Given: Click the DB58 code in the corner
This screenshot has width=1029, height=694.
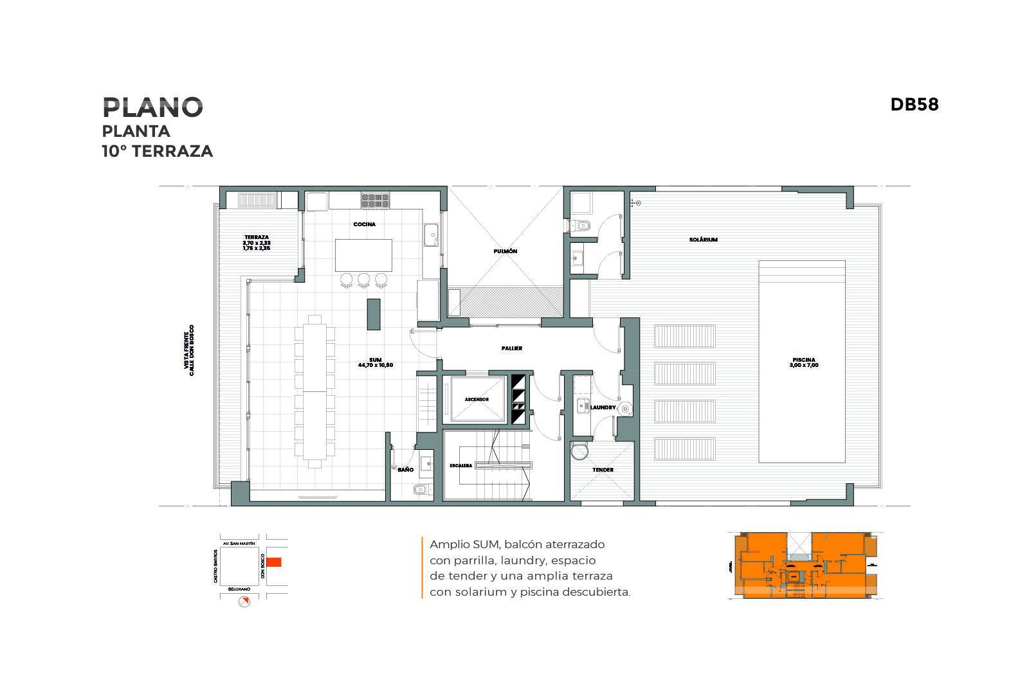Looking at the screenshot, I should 914,105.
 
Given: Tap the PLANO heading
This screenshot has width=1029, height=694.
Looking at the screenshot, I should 152,107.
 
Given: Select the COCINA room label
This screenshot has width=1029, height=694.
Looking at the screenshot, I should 364,224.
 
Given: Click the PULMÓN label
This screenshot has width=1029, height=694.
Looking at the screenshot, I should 505,251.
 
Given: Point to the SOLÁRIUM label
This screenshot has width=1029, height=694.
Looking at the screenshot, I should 703,240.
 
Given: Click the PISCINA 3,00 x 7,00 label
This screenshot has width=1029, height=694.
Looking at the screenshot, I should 804,362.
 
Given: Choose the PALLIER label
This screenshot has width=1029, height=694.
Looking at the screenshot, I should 512,348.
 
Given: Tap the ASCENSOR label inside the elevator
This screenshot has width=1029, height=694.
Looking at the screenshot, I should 477,400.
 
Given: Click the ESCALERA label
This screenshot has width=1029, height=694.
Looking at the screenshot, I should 460,465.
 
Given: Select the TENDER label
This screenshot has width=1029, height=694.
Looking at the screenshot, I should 603,470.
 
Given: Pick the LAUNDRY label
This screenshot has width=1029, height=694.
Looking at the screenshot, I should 603,407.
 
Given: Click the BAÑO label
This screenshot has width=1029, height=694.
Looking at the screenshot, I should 405,470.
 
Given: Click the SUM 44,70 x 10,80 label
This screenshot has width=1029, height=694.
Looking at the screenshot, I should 376,362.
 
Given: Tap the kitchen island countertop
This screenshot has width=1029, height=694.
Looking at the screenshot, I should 363,256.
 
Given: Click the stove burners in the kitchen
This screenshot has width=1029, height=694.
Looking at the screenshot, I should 376,200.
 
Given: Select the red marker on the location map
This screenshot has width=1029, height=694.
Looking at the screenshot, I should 274,562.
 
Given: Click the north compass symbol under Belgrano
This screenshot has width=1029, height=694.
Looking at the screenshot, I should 244,601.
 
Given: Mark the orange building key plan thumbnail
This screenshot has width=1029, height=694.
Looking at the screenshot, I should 804,565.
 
